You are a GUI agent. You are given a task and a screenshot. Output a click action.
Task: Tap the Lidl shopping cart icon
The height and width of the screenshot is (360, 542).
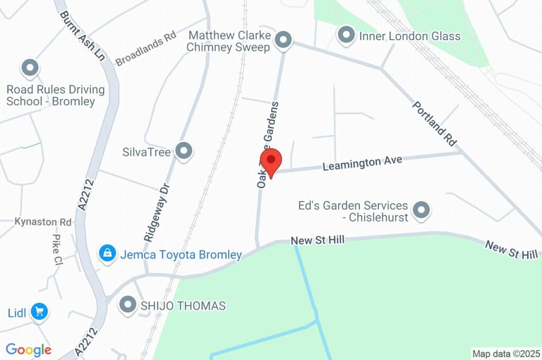[39, 311]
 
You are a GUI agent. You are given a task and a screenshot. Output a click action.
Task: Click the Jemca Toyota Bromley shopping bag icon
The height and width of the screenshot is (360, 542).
[107, 253]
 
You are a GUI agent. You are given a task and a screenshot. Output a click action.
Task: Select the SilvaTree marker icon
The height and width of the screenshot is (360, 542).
[184, 151]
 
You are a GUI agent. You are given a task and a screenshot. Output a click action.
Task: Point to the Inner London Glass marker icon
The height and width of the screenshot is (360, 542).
[346, 35]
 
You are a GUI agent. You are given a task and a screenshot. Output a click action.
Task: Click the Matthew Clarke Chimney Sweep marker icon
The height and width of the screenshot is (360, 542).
[284, 40]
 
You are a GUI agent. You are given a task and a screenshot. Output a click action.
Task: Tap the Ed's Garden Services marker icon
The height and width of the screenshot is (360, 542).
[421, 210]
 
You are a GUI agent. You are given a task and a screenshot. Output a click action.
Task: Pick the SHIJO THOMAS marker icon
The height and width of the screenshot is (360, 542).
[128, 305]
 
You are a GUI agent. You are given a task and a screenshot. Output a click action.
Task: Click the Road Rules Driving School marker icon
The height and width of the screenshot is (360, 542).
[30, 68]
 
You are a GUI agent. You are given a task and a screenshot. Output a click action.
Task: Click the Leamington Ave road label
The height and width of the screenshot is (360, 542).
[363, 162]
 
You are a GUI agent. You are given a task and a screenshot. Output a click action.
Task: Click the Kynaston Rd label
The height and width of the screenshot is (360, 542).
[35, 221]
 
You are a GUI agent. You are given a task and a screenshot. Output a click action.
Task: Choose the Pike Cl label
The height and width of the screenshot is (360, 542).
[57, 249]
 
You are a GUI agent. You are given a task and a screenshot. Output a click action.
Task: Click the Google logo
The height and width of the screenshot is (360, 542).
[28, 349]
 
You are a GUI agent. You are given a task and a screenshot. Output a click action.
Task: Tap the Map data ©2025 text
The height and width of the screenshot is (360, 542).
[506, 353]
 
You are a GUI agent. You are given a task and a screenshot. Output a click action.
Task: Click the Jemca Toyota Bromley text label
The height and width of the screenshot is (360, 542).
[181, 255]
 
